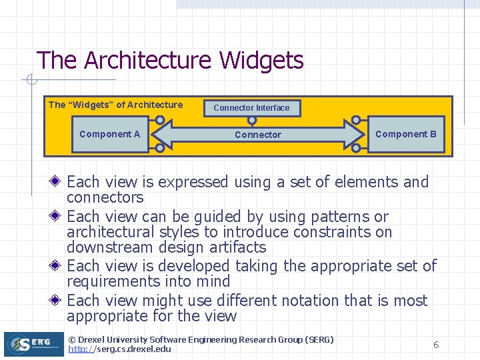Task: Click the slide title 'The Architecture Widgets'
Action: (170, 61)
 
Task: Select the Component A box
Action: (109, 134)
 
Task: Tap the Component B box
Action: (405, 134)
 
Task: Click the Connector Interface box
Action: (251, 107)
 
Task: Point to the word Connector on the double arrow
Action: (258, 135)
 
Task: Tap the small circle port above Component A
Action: (160, 121)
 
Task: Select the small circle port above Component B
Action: (356, 121)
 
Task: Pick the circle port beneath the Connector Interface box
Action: (252, 121)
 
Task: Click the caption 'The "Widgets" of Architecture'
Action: (115, 105)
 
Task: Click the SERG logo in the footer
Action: (33, 344)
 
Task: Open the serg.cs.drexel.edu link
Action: (119, 349)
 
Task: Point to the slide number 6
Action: (436, 345)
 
